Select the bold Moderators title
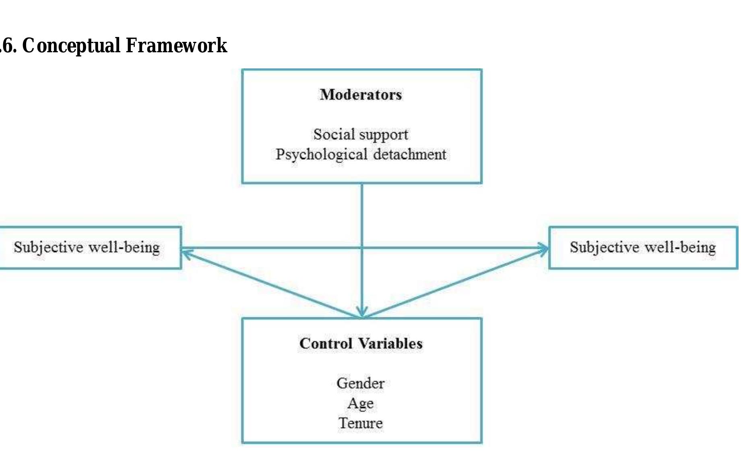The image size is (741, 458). click(361, 95)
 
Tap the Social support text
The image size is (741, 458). click(361, 135)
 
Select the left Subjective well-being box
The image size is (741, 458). click(87, 248)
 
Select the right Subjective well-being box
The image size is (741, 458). click(643, 248)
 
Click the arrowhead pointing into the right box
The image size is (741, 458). click(545, 249)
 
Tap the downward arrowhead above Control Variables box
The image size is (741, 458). click(362, 312)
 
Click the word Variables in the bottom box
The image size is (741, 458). click(390, 344)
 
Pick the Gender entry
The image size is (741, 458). click(361, 383)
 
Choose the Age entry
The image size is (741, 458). click(361, 403)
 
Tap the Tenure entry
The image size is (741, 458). click(361, 423)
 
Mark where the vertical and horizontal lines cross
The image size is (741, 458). click(362, 249)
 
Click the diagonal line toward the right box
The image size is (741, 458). click(455, 283)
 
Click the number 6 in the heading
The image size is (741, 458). click(9, 45)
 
